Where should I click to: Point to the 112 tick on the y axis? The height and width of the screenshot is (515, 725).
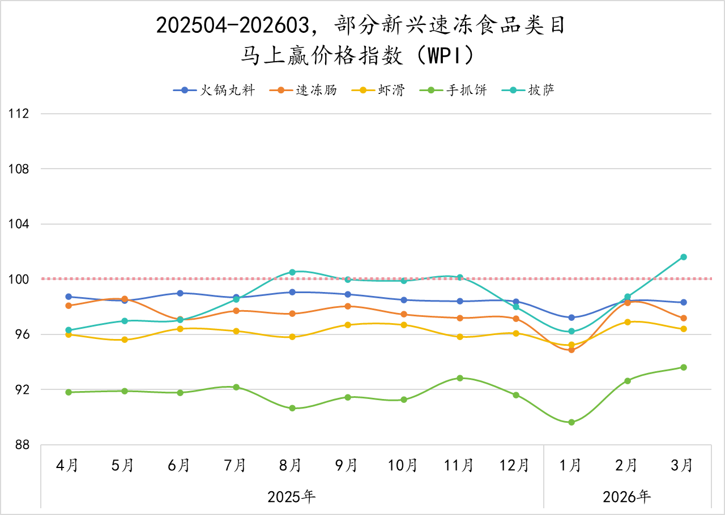[19, 114]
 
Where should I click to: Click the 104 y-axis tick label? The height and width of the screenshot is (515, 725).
[19, 224]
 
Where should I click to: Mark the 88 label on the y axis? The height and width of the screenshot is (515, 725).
[22, 445]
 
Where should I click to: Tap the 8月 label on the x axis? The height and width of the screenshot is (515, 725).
[291, 466]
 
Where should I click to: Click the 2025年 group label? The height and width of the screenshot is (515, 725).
[292, 497]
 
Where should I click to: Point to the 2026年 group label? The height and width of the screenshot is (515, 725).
[627, 497]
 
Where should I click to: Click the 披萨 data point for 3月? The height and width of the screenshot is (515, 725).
[684, 257]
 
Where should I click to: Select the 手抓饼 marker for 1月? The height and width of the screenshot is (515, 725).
[572, 422]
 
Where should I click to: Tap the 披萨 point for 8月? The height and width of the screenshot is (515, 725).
[292, 272]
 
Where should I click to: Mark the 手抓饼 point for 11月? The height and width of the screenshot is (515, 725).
[460, 378]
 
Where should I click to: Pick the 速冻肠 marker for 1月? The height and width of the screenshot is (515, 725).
[572, 350]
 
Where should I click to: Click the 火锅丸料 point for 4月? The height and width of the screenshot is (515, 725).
[69, 297]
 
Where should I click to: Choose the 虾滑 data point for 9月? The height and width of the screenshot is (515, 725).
[348, 325]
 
